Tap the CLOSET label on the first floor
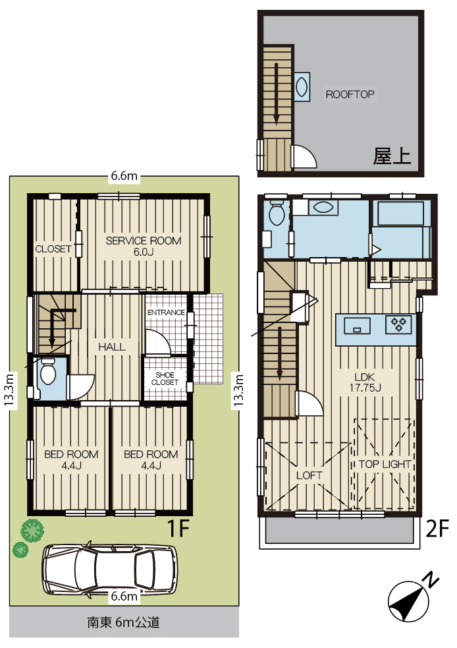click(x=53, y=249)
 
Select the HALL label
click(x=112, y=347)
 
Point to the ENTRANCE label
click(x=166, y=312)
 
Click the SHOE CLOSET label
click(x=165, y=378)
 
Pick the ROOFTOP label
click(x=350, y=94)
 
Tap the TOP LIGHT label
click(x=385, y=464)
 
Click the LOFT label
click(x=309, y=475)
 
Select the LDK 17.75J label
click(x=365, y=382)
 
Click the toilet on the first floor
click(x=48, y=372)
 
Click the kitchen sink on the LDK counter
click(x=357, y=324)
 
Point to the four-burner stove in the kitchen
click(x=398, y=324)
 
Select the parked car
click(x=110, y=569)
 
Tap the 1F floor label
click(x=178, y=528)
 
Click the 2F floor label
click(x=437, y=528)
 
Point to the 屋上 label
click(x=392, y=156)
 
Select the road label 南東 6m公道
click(x=123, y=622)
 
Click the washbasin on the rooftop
click(x=302, y=87)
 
